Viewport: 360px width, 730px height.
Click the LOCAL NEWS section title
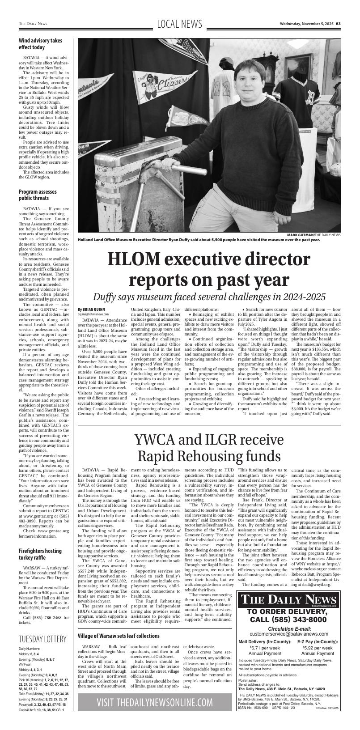180,24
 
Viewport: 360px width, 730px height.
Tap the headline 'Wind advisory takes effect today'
40,44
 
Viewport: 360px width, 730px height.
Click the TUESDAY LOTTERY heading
42,638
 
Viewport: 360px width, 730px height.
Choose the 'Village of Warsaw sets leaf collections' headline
119,636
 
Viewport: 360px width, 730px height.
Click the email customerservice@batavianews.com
288,634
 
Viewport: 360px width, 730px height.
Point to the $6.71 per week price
265,647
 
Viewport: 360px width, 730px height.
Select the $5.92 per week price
318,647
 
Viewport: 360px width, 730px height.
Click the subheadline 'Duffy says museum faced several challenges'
209,297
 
